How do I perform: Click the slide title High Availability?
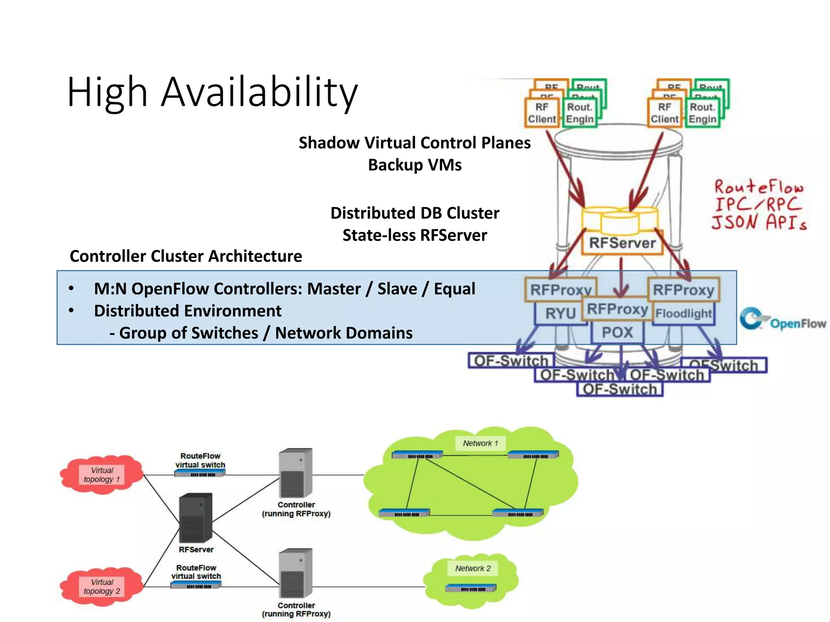[x=212, y=92]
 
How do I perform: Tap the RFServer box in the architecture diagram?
[x=622, y=243]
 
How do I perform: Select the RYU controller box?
[x=560, y=313]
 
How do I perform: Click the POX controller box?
[x=617, y=332]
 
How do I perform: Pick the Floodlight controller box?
[x=683, y=313]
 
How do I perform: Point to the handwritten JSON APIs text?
[x=759, y=222]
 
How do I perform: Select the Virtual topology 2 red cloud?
[x=102, y=586]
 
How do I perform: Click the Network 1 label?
[x=480, y=443]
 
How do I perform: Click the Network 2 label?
[x=473, y=569]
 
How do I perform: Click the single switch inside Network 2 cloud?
[x=471, y=588]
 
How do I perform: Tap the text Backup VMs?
[x=415, y=165]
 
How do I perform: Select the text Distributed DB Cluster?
[x=415, y=213]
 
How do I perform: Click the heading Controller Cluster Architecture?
[x=186, y=256]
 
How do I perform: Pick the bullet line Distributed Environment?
[x=187, y=311]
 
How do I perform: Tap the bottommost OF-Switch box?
[x=620, y=390]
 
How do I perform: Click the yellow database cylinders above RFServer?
[x=620, y=221]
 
